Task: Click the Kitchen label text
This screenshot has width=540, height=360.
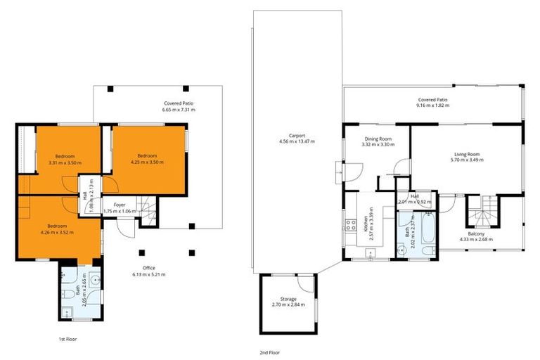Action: (x=366, y=224)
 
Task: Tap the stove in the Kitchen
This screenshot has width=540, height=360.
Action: (x=348, y=225)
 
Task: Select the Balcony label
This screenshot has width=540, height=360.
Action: (x=476, y=234)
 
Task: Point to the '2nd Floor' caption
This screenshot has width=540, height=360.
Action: (x=269, y=352)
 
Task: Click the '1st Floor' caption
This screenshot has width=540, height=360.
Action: (x=67, y=338)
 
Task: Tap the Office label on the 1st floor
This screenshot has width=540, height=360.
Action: (x=148, y=268)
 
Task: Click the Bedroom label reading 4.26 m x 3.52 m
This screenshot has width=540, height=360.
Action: (x=57, y=232)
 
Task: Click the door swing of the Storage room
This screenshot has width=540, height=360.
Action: (x=304, y=283)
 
